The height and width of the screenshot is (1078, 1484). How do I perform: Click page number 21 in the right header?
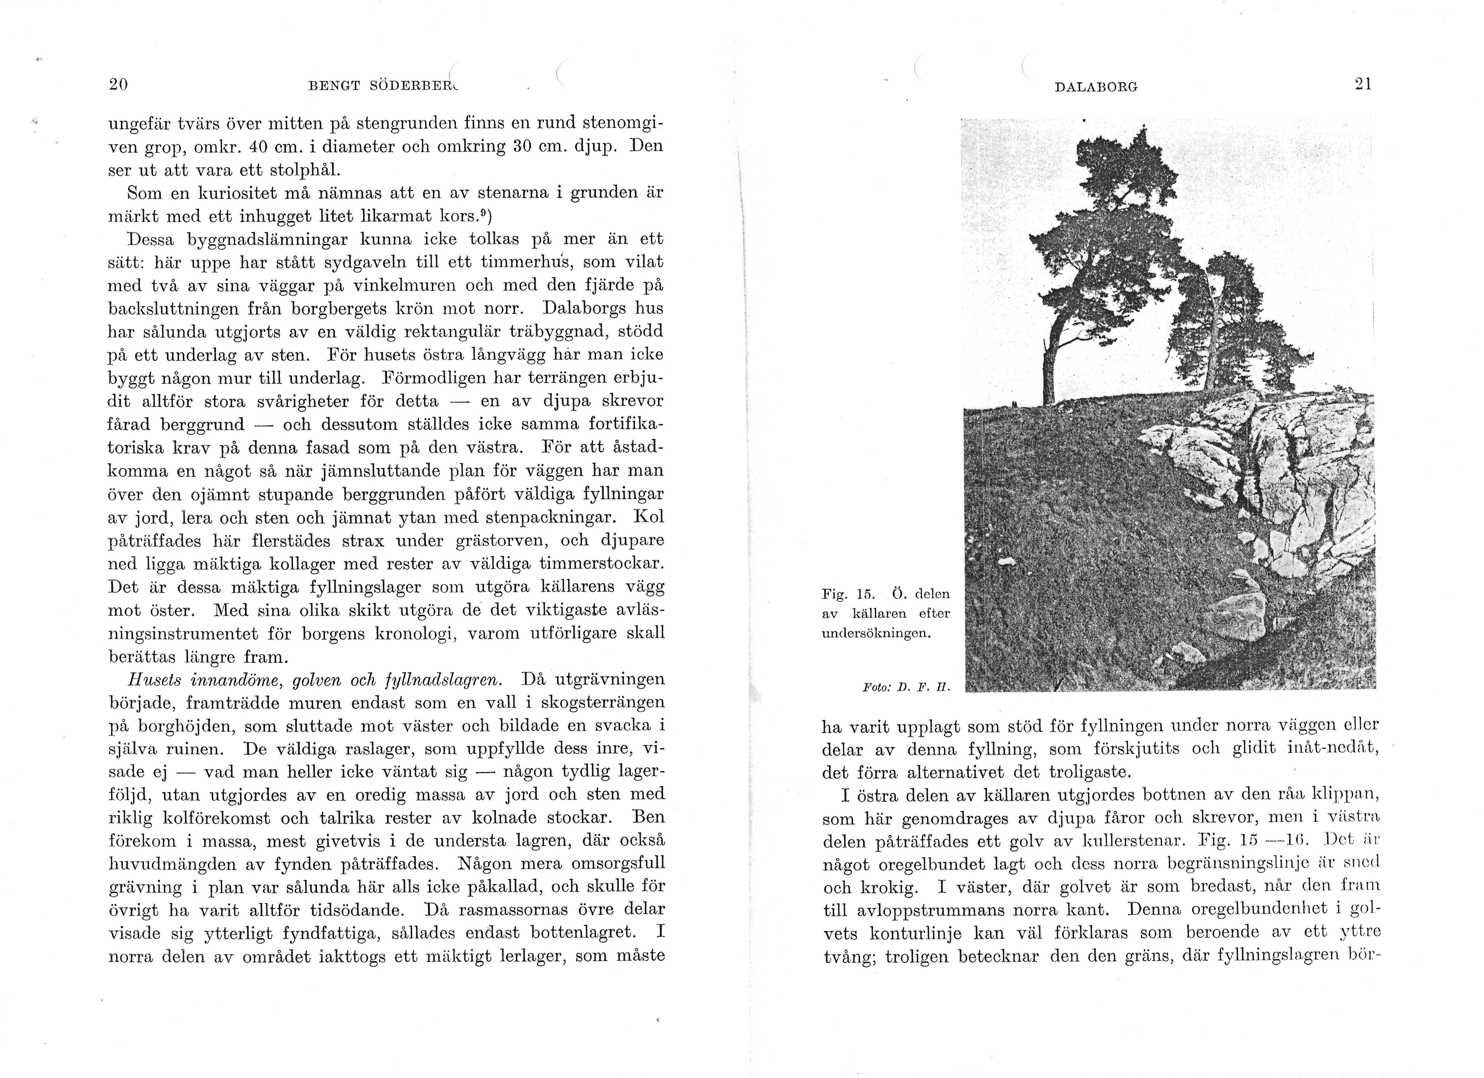pyautogui.click(x=1363, y=84)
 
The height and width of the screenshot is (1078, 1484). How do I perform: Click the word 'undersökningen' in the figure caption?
pyautogui.click(x=875, y=633)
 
